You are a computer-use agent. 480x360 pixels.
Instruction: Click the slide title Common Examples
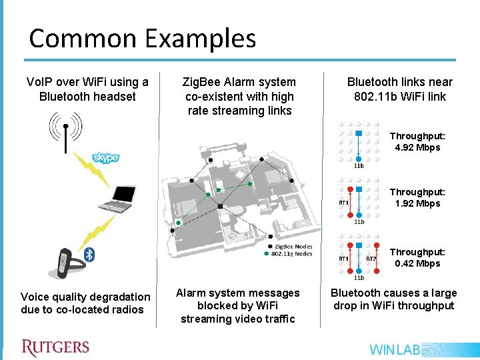point(142,38)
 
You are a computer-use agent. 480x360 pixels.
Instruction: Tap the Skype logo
point(105,157)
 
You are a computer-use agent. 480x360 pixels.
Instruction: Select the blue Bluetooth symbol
point(93,254)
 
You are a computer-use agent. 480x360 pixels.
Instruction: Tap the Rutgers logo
point(55,347)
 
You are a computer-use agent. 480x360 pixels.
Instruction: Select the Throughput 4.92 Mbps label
point(417,141)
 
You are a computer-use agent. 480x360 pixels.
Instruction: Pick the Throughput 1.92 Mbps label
point(417,197)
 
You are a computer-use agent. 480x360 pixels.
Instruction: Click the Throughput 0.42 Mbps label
point(417,257)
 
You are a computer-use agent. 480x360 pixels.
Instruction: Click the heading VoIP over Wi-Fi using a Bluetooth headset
point(87,89)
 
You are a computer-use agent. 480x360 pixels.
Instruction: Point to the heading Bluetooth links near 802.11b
point(399,89)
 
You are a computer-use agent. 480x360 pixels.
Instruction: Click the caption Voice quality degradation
point(85,303)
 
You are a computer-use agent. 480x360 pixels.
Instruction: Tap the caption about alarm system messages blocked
point(237,305)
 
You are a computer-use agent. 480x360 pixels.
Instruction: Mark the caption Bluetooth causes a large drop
point(393,299)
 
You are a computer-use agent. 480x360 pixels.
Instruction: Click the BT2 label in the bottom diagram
point(371,259)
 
